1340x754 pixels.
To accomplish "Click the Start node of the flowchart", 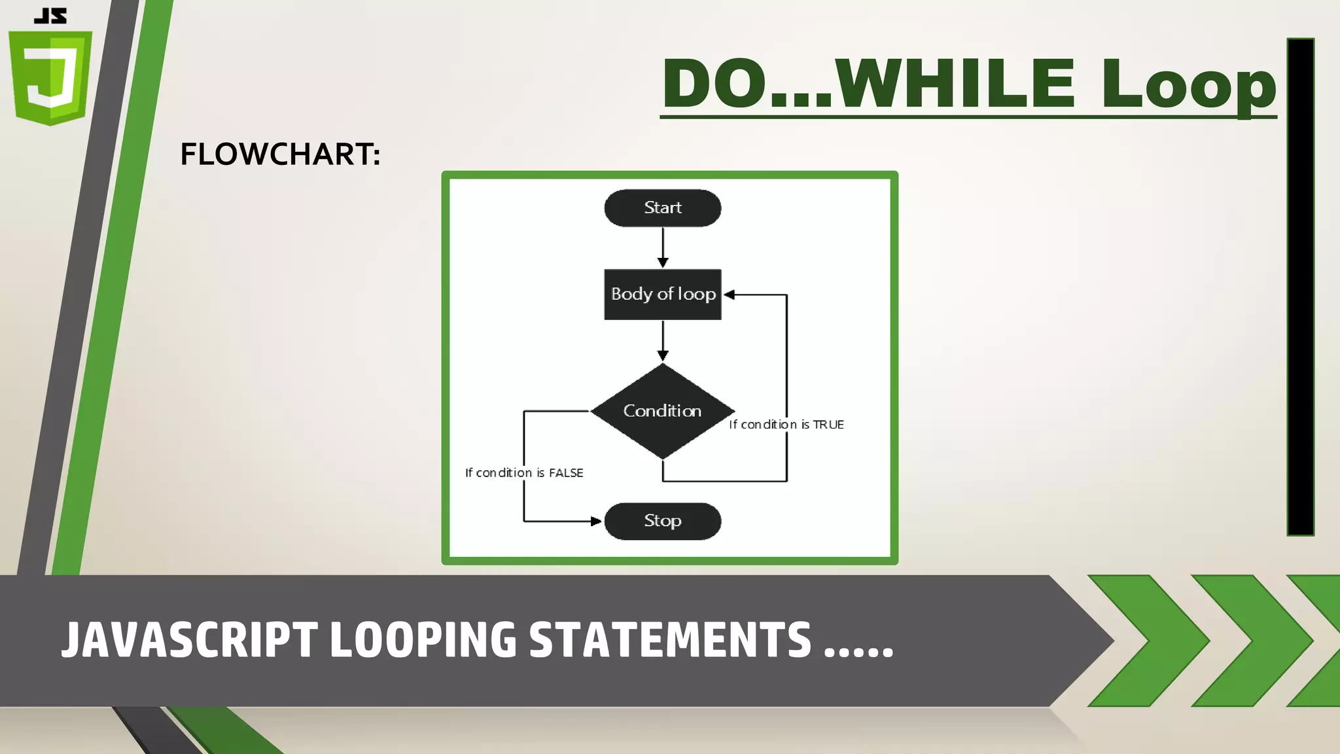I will pyautogui.click(x=662, y=208).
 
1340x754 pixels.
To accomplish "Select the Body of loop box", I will pyautogui.click(x=662, y=295).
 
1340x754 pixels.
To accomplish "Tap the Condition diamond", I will pyautogui.click(x=662, y=411).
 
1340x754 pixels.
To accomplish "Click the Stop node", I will pyautogui.click(x=662, y=521).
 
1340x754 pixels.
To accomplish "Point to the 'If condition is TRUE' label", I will pyautogui.click(x=786, y=425).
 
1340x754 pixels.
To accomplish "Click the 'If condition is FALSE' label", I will pyautogui.click(x=523, y=473).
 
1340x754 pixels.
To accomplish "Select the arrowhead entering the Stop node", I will pyautogui.click(x=595, y=522).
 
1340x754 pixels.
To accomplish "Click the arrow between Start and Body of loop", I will pyautogui.click(x=663, y=247).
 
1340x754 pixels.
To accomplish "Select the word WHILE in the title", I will pyautogui.click(x=955, y=84).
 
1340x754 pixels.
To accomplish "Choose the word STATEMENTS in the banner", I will pyautogui.click(x=670, y=639).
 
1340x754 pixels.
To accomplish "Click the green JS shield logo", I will pyautogui.click(x=50, y=77).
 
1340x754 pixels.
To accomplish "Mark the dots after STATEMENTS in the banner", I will pyautogui.click(x=858, y=652).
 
